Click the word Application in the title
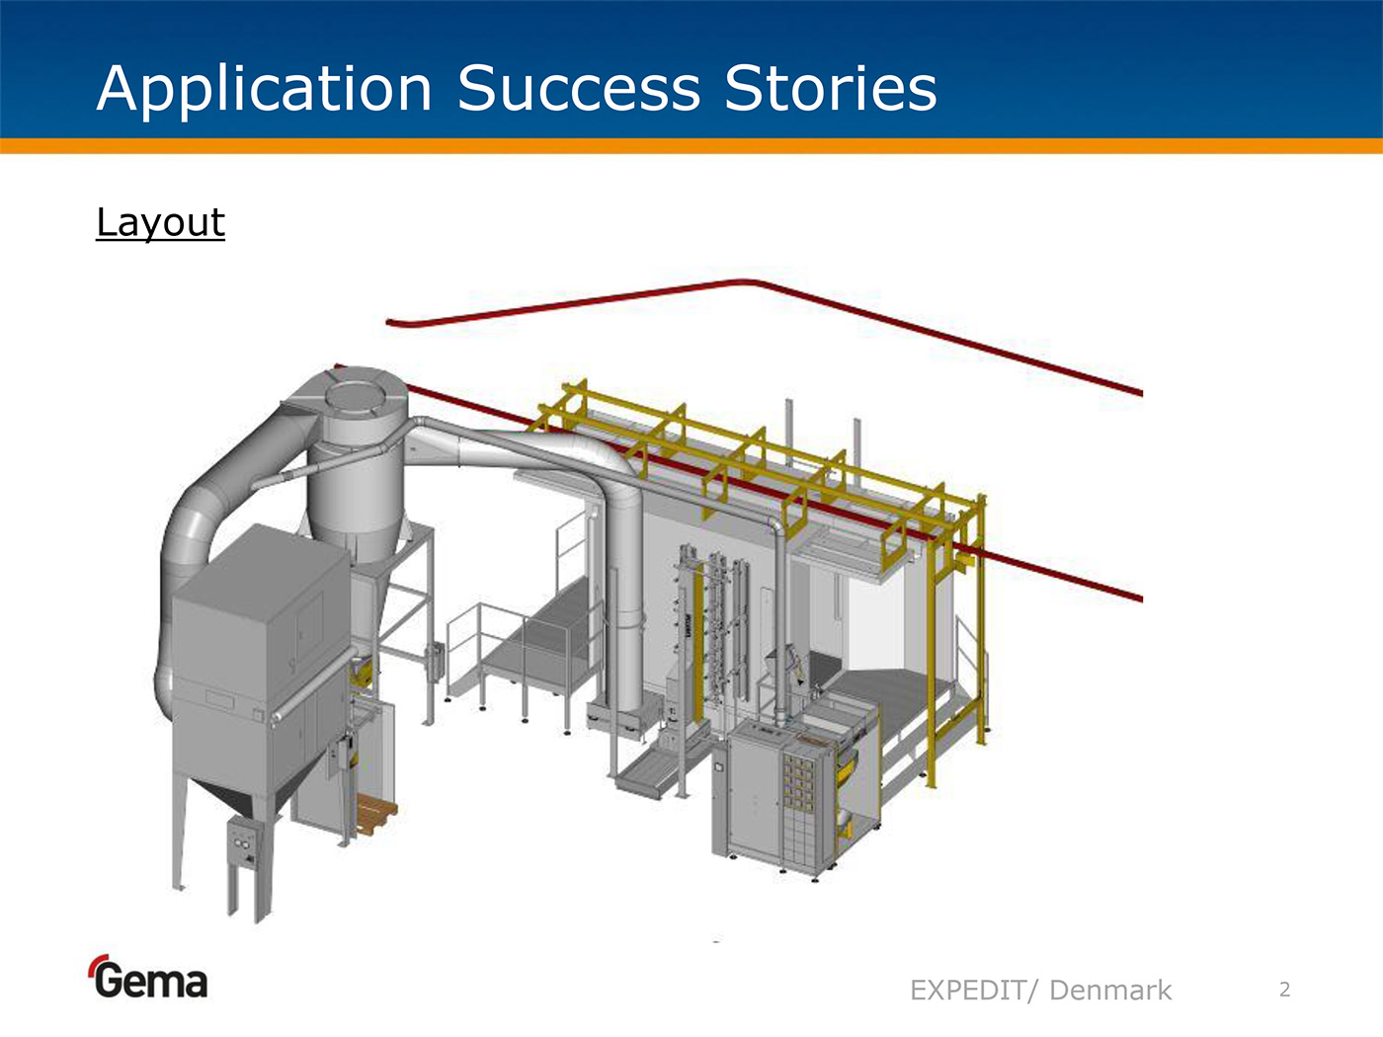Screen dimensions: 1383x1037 coord(264,90)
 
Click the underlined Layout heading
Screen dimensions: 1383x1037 coord(161,223)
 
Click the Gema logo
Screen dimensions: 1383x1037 coord(148,977)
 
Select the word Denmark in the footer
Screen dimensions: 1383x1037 coord(1110,991)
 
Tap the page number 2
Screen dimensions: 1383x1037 coord(1285,990)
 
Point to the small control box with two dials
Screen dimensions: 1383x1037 coord(243,843)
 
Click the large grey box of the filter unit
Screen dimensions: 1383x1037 coord(261,655)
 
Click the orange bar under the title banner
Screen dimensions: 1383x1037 coord(691,146)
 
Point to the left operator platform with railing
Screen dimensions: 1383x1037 coord(523,655)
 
